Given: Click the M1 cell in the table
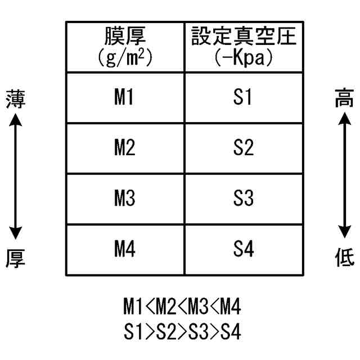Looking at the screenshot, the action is [x=124, y=98].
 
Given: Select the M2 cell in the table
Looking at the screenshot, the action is [x=124, y=149].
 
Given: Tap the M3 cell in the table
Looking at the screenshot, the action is [x=124, y=199].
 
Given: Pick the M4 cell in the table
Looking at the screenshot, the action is [x=124, y=250].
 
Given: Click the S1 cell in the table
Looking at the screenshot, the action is [x=242, y=98].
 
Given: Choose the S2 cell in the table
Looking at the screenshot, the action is [x=242, y=149].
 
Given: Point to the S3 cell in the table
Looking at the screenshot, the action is [x=242, y=199].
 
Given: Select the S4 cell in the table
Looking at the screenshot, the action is [x=242, y=250].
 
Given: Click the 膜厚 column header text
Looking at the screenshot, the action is [x=125, y=37].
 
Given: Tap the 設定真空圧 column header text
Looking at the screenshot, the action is [x=243, y=37].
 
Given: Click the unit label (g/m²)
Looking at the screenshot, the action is [x=125, y=57].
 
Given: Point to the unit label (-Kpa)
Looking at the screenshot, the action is [x=243, y=57].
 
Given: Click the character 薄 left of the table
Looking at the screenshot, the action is [x=15, y=99].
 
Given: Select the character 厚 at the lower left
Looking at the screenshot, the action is [x=15, y=258].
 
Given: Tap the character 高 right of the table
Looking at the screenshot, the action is [x=344, y=99].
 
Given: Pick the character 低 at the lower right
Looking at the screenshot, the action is [x=344, y=258].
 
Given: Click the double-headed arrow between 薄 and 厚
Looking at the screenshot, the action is [x=15, y=178].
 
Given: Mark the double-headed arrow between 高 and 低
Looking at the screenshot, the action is [x=344, y=178].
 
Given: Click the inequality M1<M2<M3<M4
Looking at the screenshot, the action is [x=182, y=308].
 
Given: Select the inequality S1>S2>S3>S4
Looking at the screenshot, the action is [x=182, y=332].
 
